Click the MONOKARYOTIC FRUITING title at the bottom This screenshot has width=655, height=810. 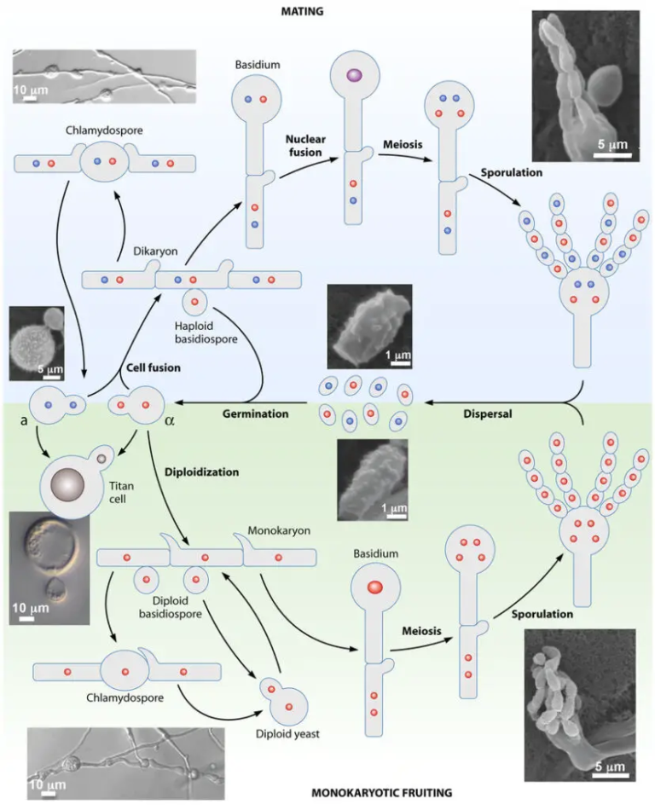point(327,791)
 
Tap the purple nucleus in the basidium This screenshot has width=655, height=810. point(351,77)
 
